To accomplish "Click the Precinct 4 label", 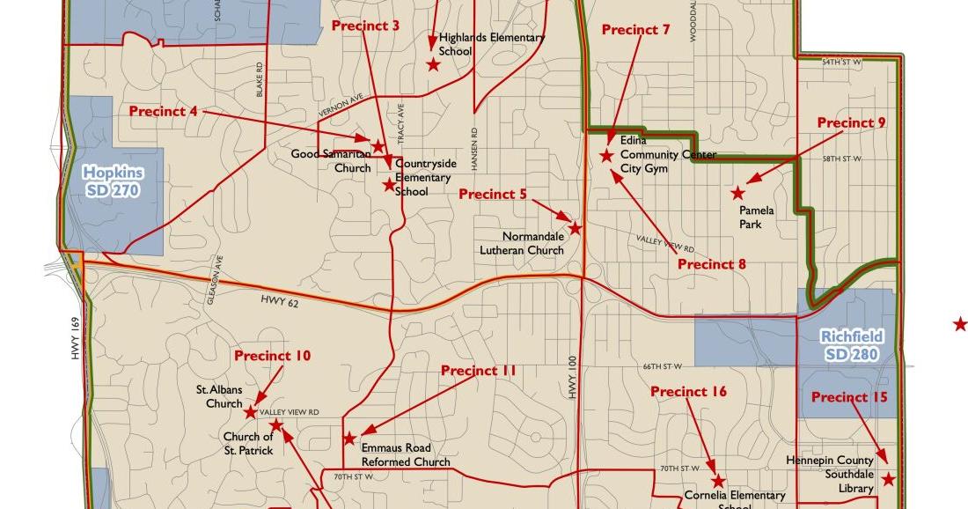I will click(x=163, y=112).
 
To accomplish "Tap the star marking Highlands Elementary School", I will click(x=434, y=64).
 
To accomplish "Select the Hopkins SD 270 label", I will click(x=113, y=181).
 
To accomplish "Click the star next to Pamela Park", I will click(x=737, y=193).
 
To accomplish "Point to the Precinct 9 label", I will click(x=851, y=123).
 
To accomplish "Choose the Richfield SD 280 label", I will click(x=851, y=345).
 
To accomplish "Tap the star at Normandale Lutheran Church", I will click(x=575, y=228).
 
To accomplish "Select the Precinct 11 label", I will click(x=478, y=371).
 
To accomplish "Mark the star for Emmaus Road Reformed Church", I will click(x=349, y=439).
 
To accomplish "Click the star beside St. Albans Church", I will click(x=250, y=412).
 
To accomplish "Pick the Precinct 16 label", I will click(x=689, y=392).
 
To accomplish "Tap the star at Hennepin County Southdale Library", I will click(x=889, y=479).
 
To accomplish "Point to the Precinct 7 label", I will click(x=635, y=30).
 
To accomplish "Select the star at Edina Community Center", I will click(x=606, y=156).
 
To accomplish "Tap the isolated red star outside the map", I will click(x=960, y=325).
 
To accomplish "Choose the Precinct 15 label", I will click(x=849, y=398).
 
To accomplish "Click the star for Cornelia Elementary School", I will click(x=718, y=481).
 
